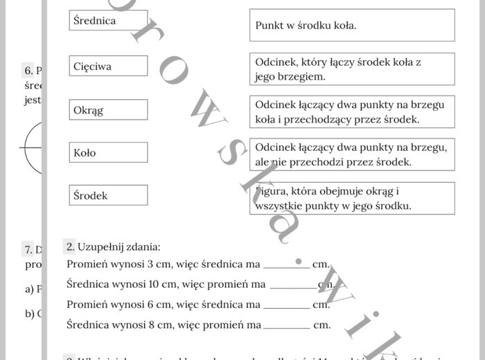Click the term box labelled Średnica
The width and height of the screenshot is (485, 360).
[x=109, y=21]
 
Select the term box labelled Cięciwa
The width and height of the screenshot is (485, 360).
[x=109, y=66]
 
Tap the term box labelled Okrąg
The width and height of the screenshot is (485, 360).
[x=109, y=110]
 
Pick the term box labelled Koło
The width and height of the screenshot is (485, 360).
[x=109, y=152]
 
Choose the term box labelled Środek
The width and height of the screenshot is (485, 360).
[x=109, y=195]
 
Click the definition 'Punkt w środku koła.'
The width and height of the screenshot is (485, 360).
[x=352, y=26]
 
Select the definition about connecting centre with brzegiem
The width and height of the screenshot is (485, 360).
[x=352, y=69]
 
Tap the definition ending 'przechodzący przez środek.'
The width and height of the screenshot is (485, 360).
[x=352, y=112]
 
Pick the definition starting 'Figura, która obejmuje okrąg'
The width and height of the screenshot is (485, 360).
[x=352, y=199]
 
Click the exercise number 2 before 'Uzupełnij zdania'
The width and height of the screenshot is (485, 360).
[x=70, y=246]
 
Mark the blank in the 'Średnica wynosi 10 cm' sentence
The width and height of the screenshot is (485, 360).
[x=292, y=285]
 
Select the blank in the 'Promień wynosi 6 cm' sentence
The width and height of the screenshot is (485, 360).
[x=286, y=305]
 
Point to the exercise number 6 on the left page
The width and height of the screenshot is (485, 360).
[x=28, y=71]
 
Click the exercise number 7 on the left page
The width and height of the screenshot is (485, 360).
[x=28, y=250]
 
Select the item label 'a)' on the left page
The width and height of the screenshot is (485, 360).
[x=30, y=289]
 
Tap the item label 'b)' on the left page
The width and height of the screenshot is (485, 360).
[x=30, y=314]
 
